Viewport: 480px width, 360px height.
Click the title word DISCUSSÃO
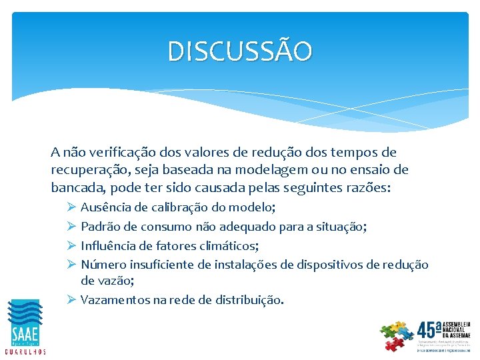239,51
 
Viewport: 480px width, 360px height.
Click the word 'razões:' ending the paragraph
370,187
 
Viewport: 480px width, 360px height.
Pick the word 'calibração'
179,209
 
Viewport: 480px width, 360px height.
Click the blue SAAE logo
25,323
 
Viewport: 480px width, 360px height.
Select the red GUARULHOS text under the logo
25,351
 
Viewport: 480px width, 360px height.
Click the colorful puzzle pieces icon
397,335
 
